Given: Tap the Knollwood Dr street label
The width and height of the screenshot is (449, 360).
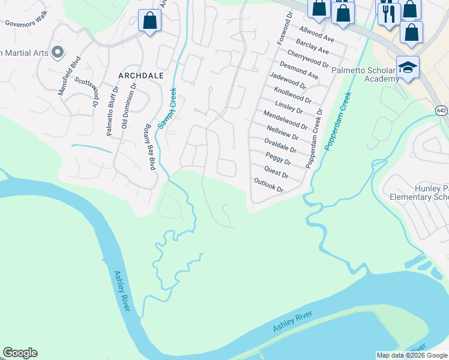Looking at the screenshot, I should tap(292, 95).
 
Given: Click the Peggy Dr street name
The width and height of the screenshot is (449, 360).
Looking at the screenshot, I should tap(278, 159).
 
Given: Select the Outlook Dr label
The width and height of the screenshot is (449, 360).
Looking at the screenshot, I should tap(268, 185).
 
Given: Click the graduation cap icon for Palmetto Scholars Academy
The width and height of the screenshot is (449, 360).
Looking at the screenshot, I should tap(408, 68).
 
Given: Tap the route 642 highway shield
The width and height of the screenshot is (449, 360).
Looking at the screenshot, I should tap(441, 110).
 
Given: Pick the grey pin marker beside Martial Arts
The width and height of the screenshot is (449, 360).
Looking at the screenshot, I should tap(58, 53).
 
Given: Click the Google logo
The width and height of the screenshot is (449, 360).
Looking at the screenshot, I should tap(20, 353).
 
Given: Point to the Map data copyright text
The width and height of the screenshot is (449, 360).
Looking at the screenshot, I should tap(412, 355).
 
